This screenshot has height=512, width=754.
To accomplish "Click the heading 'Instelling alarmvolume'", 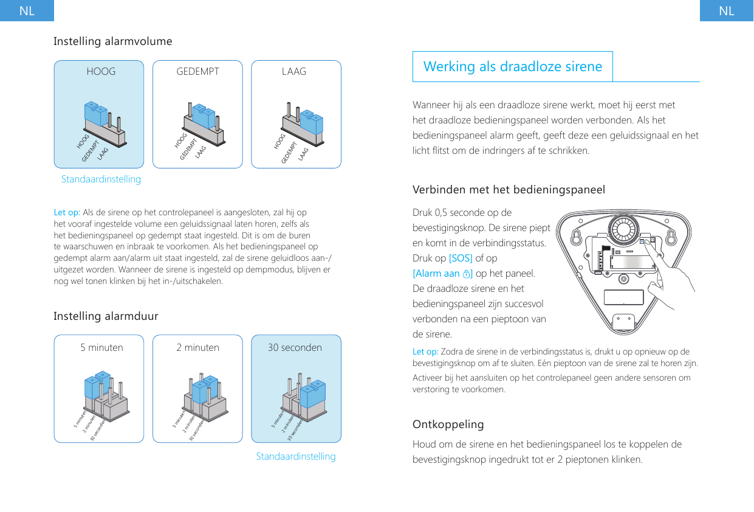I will click(113, 41).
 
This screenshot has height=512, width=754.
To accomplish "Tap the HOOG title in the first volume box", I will click(101, 72).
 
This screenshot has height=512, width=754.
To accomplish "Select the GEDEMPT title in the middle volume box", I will click(197, 72).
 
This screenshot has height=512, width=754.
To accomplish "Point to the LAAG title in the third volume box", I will click(294, 72).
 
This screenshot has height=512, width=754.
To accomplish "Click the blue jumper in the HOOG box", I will click(96, 114).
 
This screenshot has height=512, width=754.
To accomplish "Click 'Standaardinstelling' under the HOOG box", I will click(101, 179).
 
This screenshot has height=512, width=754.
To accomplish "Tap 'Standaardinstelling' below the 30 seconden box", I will click(296, 456).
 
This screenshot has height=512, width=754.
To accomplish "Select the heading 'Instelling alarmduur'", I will click(106, 316).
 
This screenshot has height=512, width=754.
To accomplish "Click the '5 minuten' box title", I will click(101, 348).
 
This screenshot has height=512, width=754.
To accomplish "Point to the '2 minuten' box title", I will click(197, 348).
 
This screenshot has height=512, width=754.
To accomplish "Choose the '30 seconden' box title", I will click(295, 348).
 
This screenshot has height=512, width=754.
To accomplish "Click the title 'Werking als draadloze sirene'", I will click(512, 66).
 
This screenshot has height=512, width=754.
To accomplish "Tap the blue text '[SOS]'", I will click(460, 258).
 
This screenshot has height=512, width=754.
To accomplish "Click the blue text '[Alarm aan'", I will click(436, 273).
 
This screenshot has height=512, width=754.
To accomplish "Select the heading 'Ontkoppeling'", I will click(448, 424).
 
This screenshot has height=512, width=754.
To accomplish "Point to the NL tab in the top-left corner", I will click(27, 11).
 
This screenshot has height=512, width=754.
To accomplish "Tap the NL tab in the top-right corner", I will click(726, 11).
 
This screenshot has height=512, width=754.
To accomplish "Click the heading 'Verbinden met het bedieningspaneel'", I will click(509, 190).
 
